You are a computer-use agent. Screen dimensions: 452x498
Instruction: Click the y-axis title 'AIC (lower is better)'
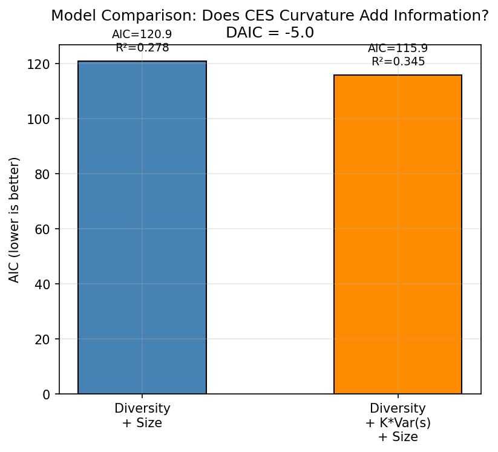pyautogui.click(x=15, y=220)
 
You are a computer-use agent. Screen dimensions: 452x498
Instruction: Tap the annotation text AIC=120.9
pyautogui.click(x=142, y=34)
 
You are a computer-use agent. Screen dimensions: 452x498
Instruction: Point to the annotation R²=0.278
pyautogui.click(x=142, y=48)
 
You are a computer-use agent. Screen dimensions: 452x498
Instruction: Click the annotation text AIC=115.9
pyautogui.click(x=398, y=48)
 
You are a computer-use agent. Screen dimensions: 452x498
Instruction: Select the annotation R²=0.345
pyautogui.click(x=398, y=62)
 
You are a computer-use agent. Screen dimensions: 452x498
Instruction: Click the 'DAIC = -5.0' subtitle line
pyautogui.click(x=270, y=33)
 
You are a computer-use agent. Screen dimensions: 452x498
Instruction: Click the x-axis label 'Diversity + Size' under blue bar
pyautogui.click(x=142, y=415)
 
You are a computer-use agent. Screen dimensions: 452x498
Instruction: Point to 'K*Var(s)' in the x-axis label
pyautogui.click(x=398, y=422)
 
